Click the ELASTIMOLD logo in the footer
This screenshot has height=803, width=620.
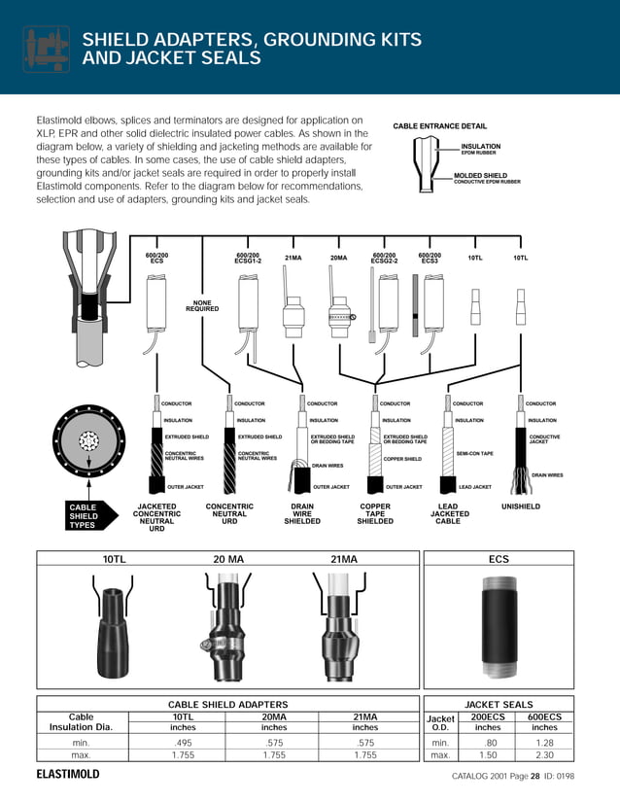(68, 775)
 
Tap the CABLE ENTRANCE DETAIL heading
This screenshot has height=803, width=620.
(439, 126)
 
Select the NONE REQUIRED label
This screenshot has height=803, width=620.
(202, 305)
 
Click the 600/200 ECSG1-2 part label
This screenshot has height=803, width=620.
(248, 258)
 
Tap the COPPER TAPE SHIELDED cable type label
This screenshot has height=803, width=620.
(375, 513)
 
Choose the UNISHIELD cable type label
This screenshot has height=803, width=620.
(520, 506)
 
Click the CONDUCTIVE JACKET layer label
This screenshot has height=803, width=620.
(544, 439)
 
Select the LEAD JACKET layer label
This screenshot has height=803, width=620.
(475, 486)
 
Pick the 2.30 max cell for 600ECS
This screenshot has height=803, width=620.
(544, 754)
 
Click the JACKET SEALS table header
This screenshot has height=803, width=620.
(499, 704)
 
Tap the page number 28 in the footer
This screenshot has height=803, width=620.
(534, 776)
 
